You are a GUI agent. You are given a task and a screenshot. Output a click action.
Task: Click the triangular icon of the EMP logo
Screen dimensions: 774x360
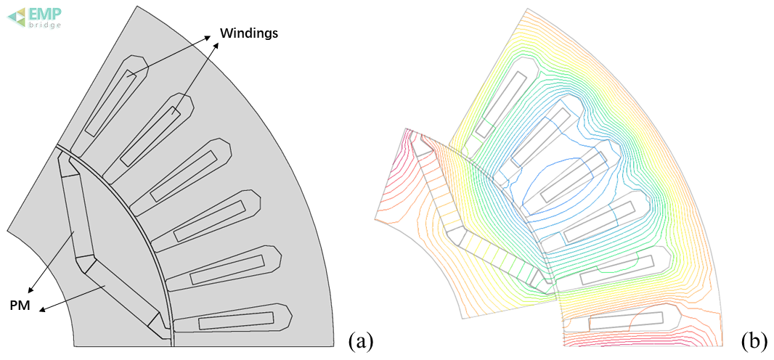(16, 17)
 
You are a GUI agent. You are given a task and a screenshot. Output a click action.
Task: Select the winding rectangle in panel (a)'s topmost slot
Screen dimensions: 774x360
(110, 102)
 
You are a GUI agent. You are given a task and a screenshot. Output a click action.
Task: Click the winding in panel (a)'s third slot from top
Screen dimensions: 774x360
(183, 176)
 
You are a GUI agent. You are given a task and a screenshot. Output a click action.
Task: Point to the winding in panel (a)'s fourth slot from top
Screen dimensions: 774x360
(210, 221)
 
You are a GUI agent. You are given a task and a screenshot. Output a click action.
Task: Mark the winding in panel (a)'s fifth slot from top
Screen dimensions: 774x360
(228, 269)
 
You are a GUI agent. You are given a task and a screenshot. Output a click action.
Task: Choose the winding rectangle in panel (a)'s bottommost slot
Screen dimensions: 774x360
(236, 321)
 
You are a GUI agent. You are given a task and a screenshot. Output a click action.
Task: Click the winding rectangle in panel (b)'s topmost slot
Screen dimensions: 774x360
(502, 105)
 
